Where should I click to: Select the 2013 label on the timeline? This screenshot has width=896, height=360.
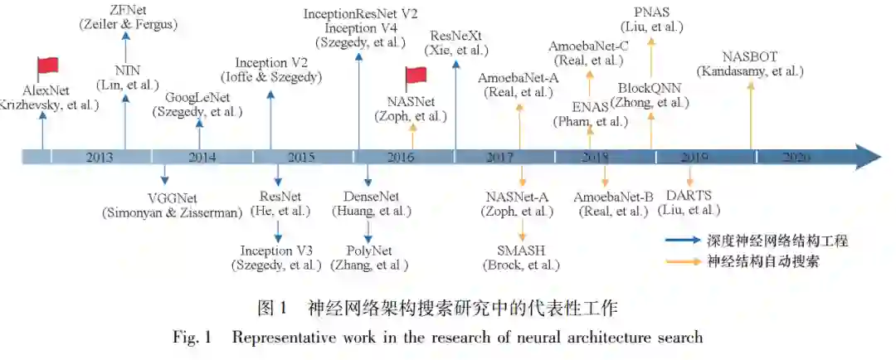(99, 156)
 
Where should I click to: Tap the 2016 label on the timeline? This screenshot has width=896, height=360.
(401, 156)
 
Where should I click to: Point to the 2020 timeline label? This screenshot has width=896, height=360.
(795, 156)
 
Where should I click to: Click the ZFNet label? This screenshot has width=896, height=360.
(128, 10)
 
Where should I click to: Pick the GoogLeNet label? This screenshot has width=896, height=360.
(197, 97)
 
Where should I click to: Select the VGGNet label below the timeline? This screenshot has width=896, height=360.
(173, 197)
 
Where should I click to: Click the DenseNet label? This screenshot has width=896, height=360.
(372, 197)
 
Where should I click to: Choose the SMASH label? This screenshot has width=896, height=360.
(521, 250)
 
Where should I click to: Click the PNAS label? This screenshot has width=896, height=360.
(652, 12)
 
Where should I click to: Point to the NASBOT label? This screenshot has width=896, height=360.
(750, 56)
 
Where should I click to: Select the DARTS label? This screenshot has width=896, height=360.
(689, 196)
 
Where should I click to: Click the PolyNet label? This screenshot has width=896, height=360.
(369, 250)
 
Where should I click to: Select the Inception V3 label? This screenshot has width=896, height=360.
(276, 250)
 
